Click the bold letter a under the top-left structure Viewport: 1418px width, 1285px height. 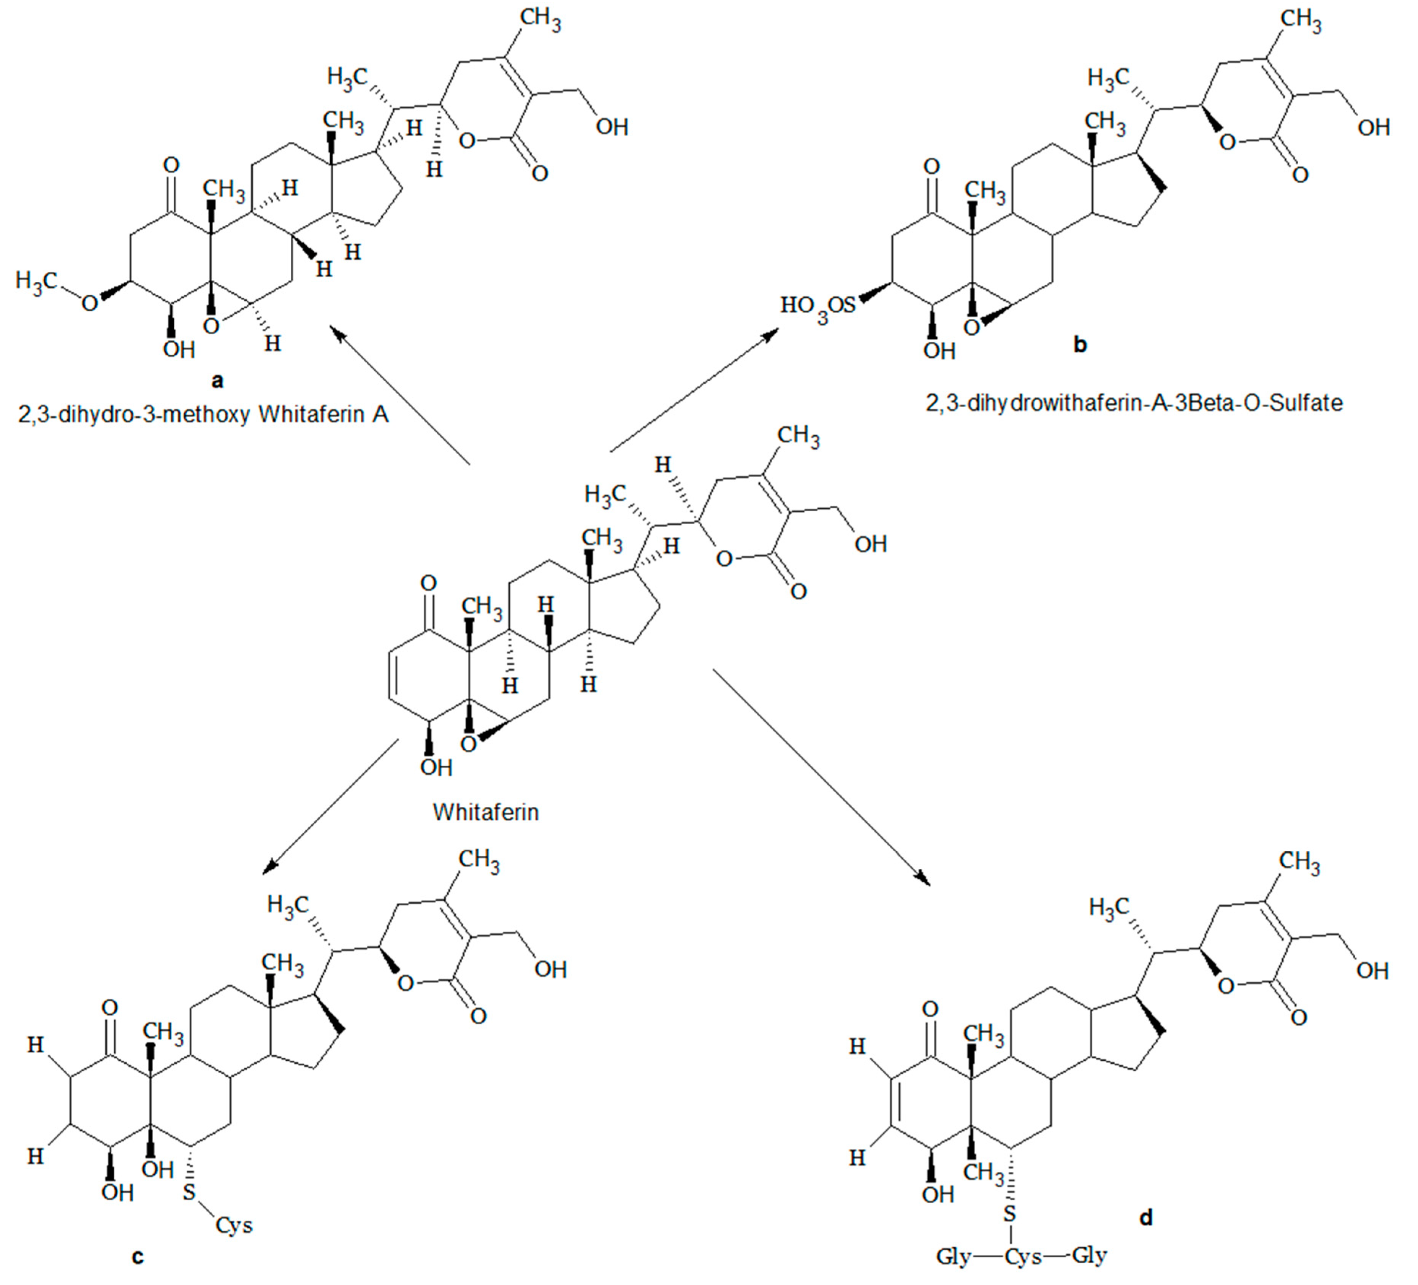pyautogui.click(x=217, y=381)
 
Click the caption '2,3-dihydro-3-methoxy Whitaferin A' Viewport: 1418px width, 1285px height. pyautogui.click(x=203, y=414)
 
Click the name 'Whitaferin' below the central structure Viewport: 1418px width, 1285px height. pyautogui.click(x=485, y=812)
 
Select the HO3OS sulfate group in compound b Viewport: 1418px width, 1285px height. pyautogui.click(x=818, y=307)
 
